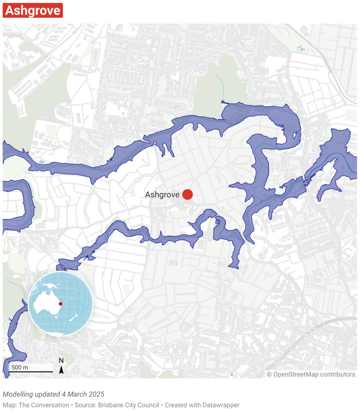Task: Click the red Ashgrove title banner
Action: click(33, 10)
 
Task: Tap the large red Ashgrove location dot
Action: click(187, 194)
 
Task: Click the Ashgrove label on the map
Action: click(162, 194)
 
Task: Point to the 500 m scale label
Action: click(20, 367)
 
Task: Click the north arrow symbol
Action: click(61, 370)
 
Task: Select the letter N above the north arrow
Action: click(61, 361)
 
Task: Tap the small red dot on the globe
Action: click(60, 304)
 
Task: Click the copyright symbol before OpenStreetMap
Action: click(270, 374)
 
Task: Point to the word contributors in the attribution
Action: click(337, 374)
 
